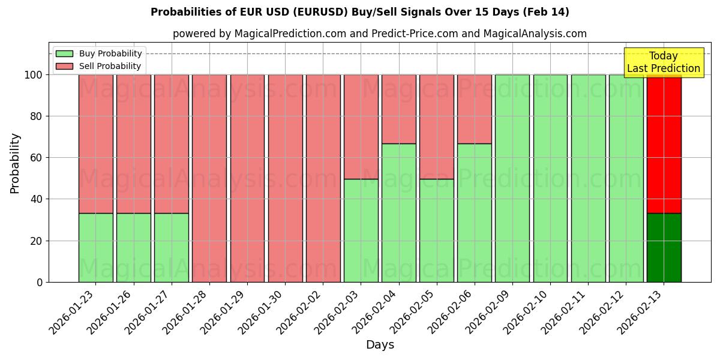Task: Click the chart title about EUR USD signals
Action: tap(359, 12)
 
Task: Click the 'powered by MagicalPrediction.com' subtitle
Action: tap(379, 34)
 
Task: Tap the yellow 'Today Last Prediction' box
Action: tap(663, 62)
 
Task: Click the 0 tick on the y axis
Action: tap(40, 282)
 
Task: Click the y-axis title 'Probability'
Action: tap(15, 163)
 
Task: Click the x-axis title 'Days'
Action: tap(380, 344)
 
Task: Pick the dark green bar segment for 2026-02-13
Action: tap(664, 247)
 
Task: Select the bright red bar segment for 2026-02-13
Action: tap(664, 144)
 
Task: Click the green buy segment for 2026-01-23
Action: tap(95, 247)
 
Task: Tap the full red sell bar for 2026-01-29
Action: tap(247, 178)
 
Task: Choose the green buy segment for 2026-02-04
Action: tap(398, 212)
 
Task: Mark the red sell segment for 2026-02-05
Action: tap(436, 127)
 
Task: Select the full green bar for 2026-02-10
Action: tap(550, 178)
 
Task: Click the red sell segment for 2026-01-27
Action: tap(171, 144)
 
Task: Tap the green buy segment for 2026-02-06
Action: tap(474, 212)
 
